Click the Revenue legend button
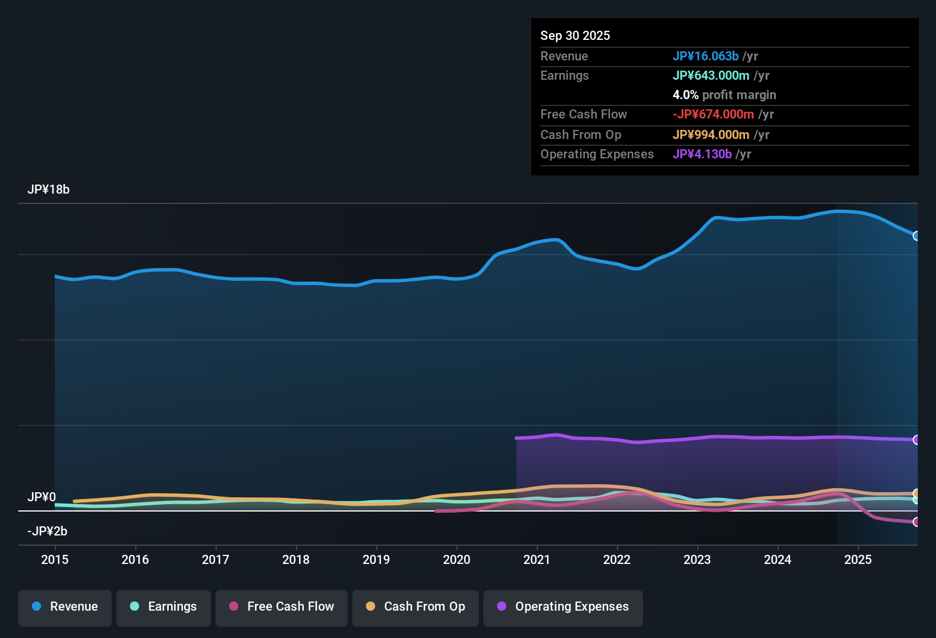click(65, 607)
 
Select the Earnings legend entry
click(164, 607)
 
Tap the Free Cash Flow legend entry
click(282, 607)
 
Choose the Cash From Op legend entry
click(416, 607)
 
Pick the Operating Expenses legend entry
click(563, 607)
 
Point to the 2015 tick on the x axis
click(55, 559)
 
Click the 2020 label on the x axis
click(457, 559)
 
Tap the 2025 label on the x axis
click(858, 559)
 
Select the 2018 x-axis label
click(296, 559)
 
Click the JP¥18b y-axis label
click(48, 190)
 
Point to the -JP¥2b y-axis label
click(47, 531)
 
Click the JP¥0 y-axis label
click(42, 497)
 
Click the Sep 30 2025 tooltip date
click(575, 35)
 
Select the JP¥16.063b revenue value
click(706, 56)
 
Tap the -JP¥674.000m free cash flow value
click(713, 114)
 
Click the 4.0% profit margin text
click(724, 95)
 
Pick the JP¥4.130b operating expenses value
click(702, 154)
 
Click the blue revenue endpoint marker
click(916, 236)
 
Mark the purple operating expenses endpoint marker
click(916, 440)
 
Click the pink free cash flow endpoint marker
click(916, 522)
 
